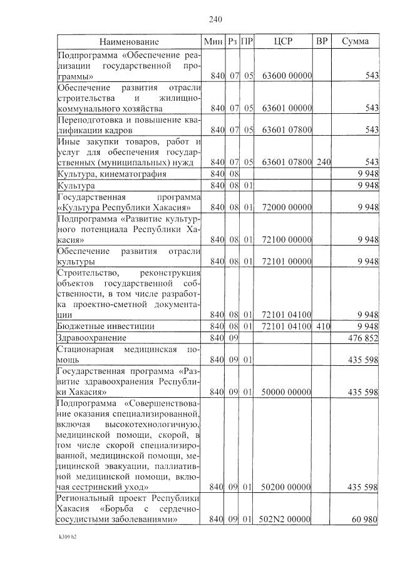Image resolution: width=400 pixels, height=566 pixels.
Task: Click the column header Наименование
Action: [x=129, y=42]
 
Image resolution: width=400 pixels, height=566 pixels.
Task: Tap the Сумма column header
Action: [x=355, y=42]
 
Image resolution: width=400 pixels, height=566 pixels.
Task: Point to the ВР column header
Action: [x=322, y=42]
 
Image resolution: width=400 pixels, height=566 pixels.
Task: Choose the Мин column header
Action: [x=213, y=42]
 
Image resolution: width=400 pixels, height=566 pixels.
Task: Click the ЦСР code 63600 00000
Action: [x=287, y=76]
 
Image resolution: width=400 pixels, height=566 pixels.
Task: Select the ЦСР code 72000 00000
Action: [x=287, y=207]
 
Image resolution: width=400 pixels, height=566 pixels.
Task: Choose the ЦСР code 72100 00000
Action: [x=287, y=240]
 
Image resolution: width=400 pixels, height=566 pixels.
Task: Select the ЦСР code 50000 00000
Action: [x=287, y=392]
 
